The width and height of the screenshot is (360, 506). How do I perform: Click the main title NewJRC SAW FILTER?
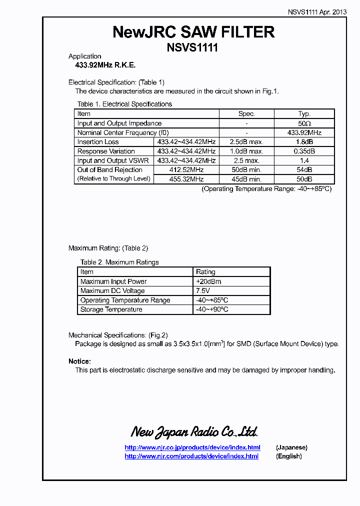(x=193, y=32)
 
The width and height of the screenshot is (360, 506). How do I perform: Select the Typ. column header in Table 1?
(x=304, y=114)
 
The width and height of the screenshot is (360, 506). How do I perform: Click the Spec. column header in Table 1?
(x=246, y=114)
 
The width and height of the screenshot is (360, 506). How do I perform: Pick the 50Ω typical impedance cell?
(x=304, y=123)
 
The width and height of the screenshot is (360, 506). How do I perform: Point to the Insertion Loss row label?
(x=98, y=142)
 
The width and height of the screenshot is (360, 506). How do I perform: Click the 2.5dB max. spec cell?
(x=246, y=142)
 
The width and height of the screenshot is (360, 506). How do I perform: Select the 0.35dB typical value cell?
(x=304, y=151)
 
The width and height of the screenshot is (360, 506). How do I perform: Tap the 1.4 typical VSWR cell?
(x=304, y=160)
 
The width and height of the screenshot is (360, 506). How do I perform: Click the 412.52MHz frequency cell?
(x=186, y=170)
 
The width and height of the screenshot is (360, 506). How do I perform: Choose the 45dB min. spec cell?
(x=246, y=179)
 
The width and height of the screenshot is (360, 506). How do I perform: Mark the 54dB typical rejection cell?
(x=304, y=170)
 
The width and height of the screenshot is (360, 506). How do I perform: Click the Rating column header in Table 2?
(x=205, y=272)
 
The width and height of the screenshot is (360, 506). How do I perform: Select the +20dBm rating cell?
(x=208, y=281)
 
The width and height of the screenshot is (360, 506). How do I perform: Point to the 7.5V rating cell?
(x=203, y=291)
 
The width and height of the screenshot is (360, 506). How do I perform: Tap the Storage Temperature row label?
(x=111, y=309)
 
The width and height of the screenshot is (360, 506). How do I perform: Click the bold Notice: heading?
(x=79, y=361)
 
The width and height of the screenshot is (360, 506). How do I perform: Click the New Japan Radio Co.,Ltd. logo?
(x=194, y=432)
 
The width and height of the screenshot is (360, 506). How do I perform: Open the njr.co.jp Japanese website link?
(x=192, y=447)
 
